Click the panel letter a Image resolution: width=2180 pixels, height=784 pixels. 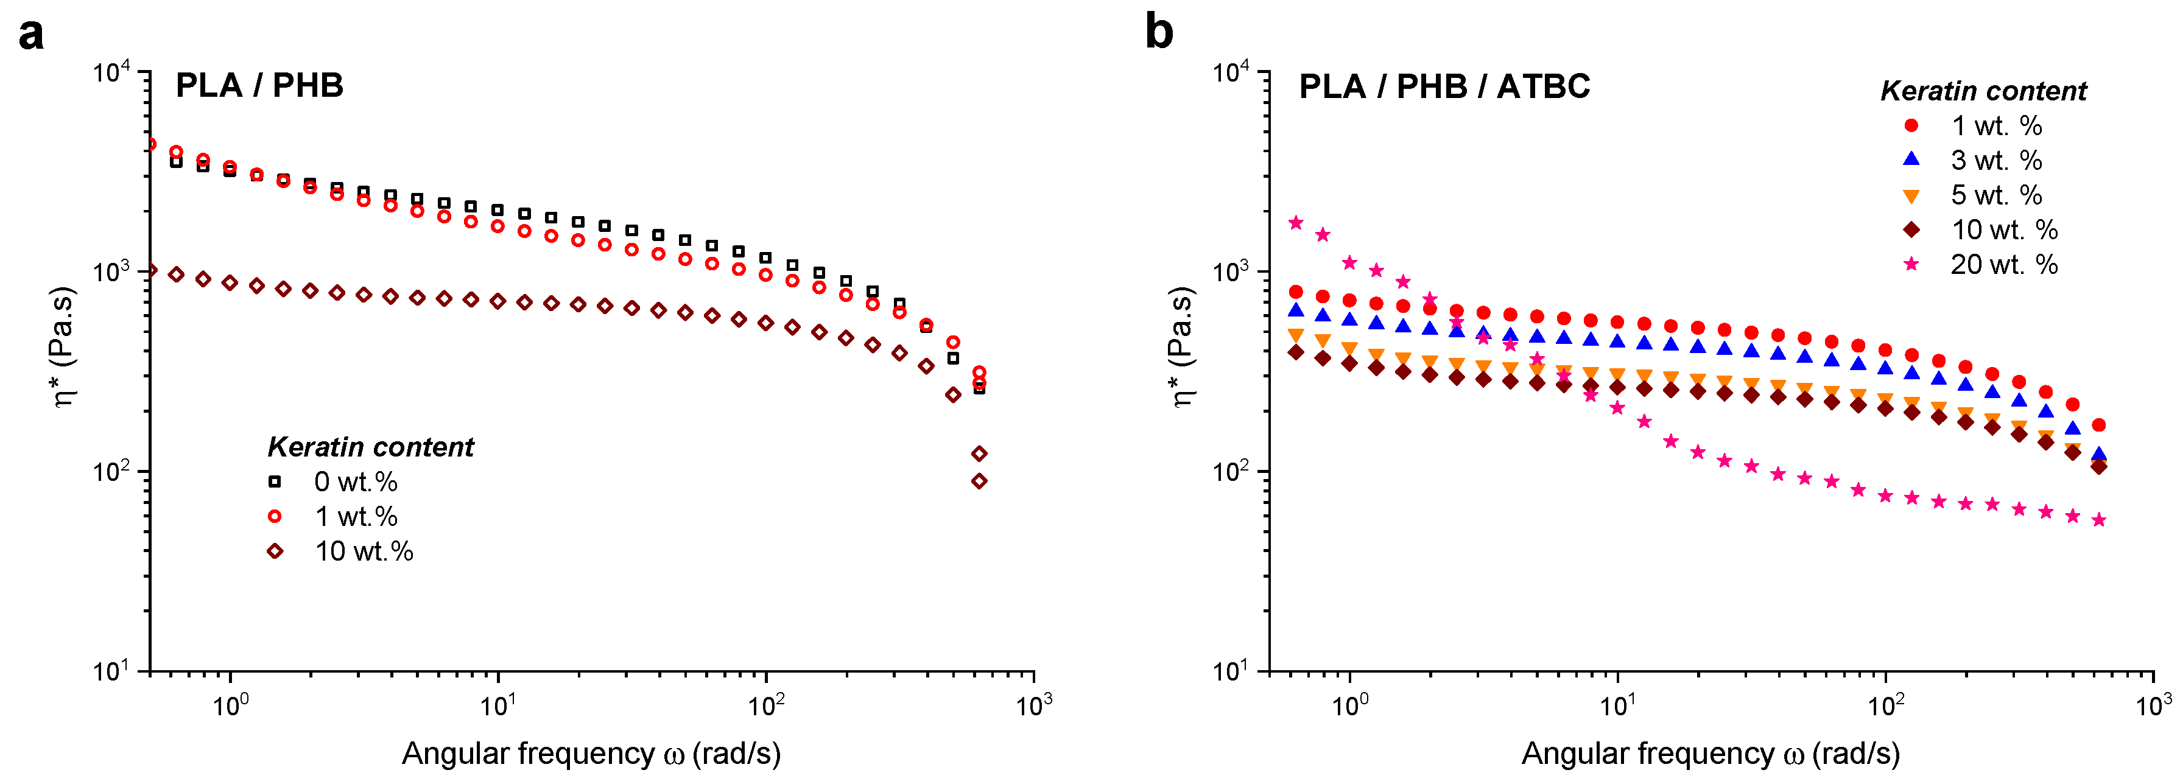coord(31,35)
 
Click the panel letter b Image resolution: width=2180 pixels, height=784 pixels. coord(1159,32)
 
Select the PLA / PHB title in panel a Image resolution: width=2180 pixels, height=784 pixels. coord(259,85)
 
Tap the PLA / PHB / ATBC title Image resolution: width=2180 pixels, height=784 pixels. coord(1444,86)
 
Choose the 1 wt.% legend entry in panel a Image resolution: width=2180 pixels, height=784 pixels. coord(334,517)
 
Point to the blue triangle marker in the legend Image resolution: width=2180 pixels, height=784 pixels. coord(1911,159)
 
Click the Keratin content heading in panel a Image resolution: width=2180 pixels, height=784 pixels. coord(371,447)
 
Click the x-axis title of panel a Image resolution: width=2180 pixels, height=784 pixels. coord(591,754)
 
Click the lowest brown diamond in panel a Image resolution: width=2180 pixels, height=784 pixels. coord(979,481)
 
